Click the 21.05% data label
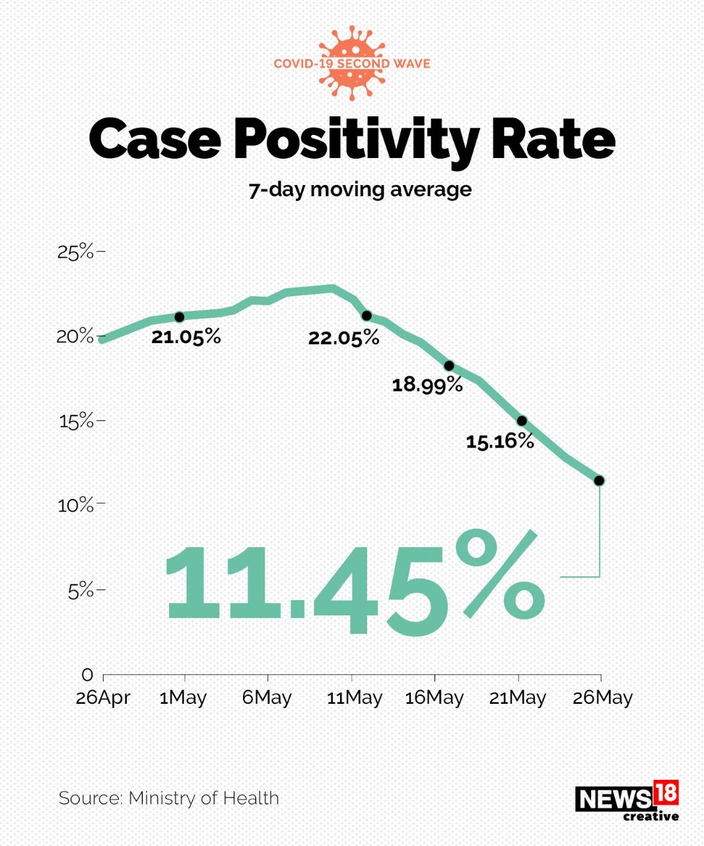point(186,337)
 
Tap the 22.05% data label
point(343,338)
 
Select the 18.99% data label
point(427,385)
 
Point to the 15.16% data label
point(500,441)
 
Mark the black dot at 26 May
point(599,481)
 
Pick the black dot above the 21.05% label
point(179,317)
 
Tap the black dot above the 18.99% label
point(449,365)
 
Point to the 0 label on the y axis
point(87,675)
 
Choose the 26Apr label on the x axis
point(103,698)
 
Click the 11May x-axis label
point(355,698)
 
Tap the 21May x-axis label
point(518,698)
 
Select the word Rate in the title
point(552,139)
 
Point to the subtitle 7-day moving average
point(360,190)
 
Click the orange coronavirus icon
point(352,63)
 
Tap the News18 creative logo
point(627,801)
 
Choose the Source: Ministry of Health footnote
point(169,798)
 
